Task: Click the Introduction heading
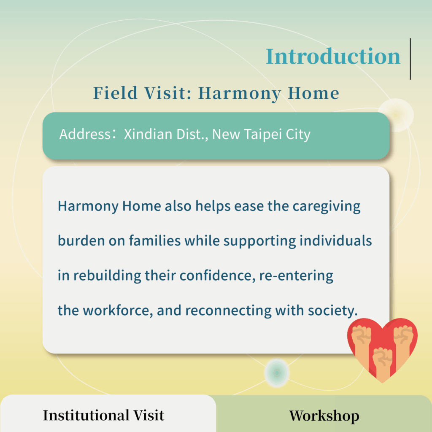333,56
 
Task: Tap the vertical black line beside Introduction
410,59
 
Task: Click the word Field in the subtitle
115,93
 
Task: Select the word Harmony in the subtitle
240,94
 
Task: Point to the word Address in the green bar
85,134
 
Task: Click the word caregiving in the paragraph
326,207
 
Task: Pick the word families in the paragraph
155,240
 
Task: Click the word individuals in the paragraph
335,240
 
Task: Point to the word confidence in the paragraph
217,275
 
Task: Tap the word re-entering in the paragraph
296,276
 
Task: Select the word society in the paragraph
332,311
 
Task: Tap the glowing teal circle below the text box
277,373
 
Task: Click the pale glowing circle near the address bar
396,115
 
